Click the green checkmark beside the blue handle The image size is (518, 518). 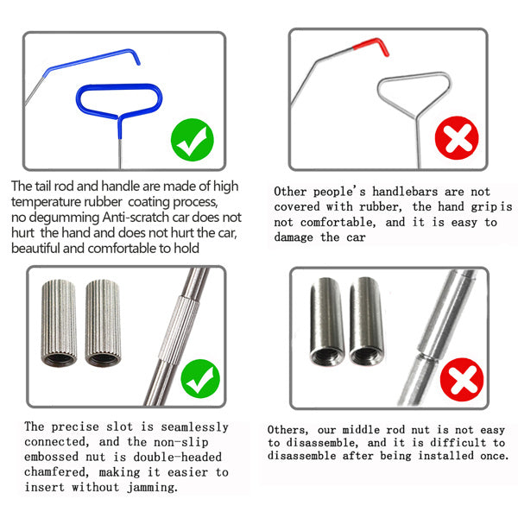[193, 140]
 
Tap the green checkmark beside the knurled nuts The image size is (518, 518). [200, 379]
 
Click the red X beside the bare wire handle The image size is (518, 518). [457, 138]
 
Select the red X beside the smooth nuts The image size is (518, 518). [462, 380]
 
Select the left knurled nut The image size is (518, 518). [59, 323]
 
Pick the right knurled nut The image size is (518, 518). [103, 323]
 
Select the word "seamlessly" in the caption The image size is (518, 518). [194, 427]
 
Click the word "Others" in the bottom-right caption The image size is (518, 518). [287, 430]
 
